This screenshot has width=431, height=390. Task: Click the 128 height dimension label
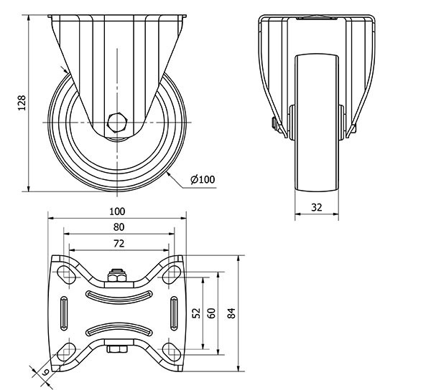[22, 103]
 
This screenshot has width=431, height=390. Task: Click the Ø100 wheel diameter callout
[203, 179]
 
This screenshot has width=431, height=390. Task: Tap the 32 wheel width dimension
[316, 207]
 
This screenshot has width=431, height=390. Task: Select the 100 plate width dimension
[117, 211]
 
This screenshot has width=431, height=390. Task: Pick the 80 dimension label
[119, 227]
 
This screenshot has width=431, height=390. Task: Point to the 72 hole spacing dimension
[119, 243]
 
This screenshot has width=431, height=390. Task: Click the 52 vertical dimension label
[196, 313]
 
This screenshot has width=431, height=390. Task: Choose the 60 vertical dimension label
[211, 313]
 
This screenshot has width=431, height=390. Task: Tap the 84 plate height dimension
[231, 313]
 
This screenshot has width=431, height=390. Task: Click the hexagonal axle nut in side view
[117, 122]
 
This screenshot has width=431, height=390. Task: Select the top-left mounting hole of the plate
[66, 275]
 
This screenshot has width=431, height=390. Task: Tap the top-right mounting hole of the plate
[172, 275]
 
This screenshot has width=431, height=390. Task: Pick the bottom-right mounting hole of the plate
[172, 352]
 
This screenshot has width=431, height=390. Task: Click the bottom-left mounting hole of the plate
[66, 352]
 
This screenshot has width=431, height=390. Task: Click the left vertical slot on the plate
[64, 313]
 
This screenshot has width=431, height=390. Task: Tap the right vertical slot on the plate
[174, 313]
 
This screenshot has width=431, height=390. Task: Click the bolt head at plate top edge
[117, 276]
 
